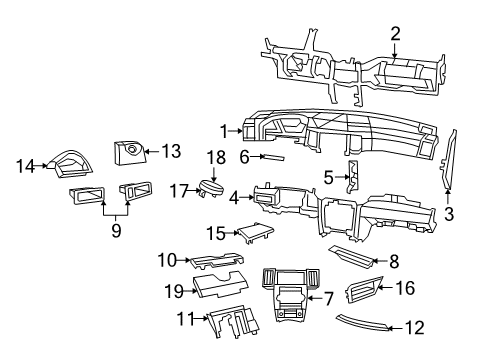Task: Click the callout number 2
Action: pyautogui.click(x=395, y=35)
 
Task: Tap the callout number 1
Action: pyautogui.click(x=225, y=129)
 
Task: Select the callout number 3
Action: pyautogui.click(x=449, y=212)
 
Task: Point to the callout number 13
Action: pyautogui.click(x=171, y=151)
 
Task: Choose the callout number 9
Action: pyautogui.click(x=115, y=229)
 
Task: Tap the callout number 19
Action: pyautogui.click(x=171, y=290)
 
